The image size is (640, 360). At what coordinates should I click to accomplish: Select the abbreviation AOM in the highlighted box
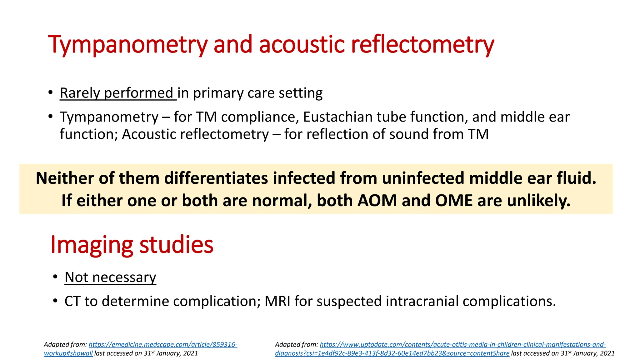point(377,200)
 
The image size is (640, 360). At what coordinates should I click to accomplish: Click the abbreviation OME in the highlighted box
point(454,200)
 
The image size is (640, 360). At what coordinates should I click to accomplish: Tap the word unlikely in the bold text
point(538,200)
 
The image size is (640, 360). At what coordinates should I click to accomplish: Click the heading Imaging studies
point(132,244)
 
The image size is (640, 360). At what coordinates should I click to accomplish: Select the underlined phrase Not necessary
point(110,277)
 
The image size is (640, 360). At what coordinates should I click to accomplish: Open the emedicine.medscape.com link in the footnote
point(163,345)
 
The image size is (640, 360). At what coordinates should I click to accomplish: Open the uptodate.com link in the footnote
point(462,345)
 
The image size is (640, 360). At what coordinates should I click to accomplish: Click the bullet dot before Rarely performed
point(51,93)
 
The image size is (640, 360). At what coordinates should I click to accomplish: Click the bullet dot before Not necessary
point(55,277)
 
